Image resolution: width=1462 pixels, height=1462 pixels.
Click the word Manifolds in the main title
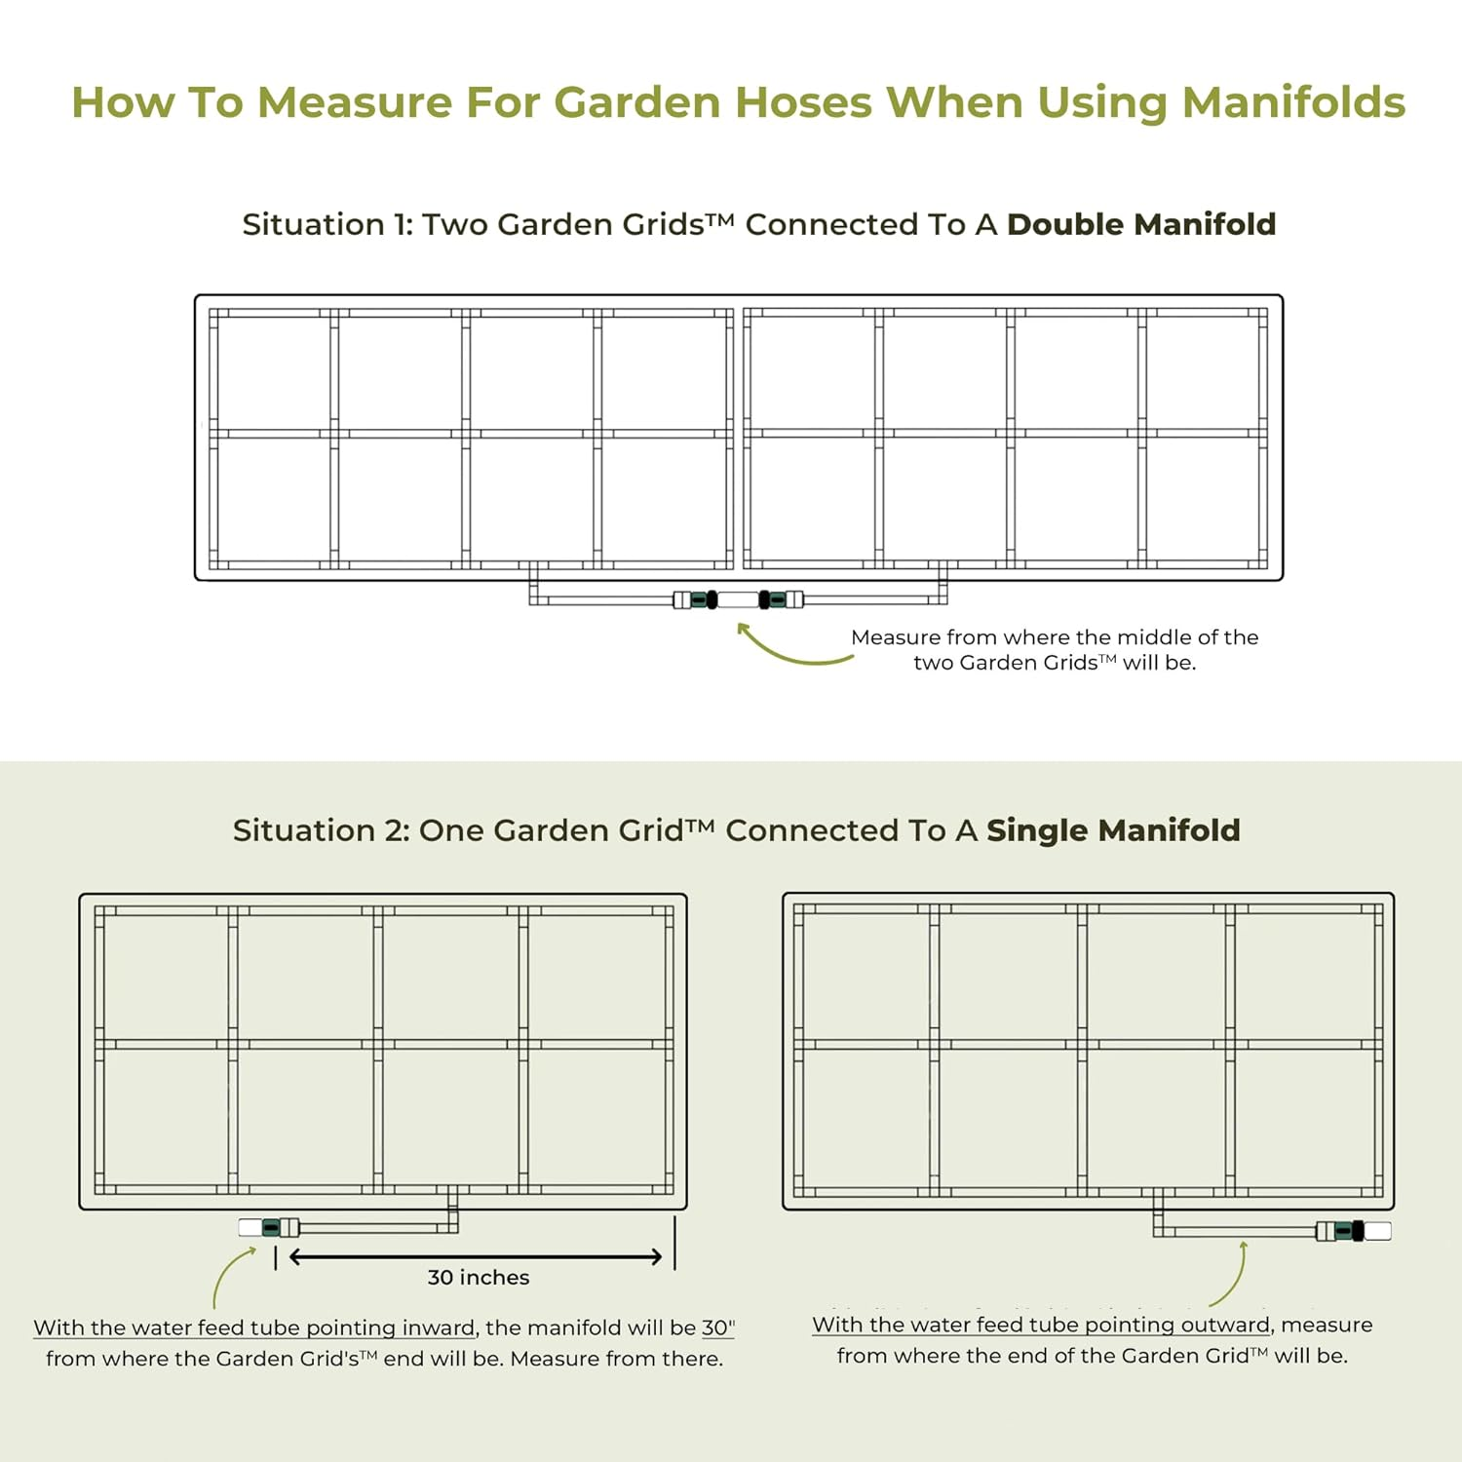(1293, 102)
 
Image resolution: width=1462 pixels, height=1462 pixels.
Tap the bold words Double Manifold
(1141, 224)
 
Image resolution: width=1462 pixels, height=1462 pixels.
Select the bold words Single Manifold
(1113, 830)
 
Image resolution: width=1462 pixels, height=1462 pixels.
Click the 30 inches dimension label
(479, 1278)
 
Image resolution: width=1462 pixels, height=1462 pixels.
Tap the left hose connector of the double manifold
(697, 599)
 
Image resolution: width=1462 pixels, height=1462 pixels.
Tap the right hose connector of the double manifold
(780, 599)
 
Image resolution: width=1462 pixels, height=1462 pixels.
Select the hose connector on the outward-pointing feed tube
(1351, 1231)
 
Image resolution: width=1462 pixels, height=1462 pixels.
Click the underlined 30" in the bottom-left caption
(717, 1328)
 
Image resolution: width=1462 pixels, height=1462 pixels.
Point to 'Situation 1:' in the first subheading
(327, 225)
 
